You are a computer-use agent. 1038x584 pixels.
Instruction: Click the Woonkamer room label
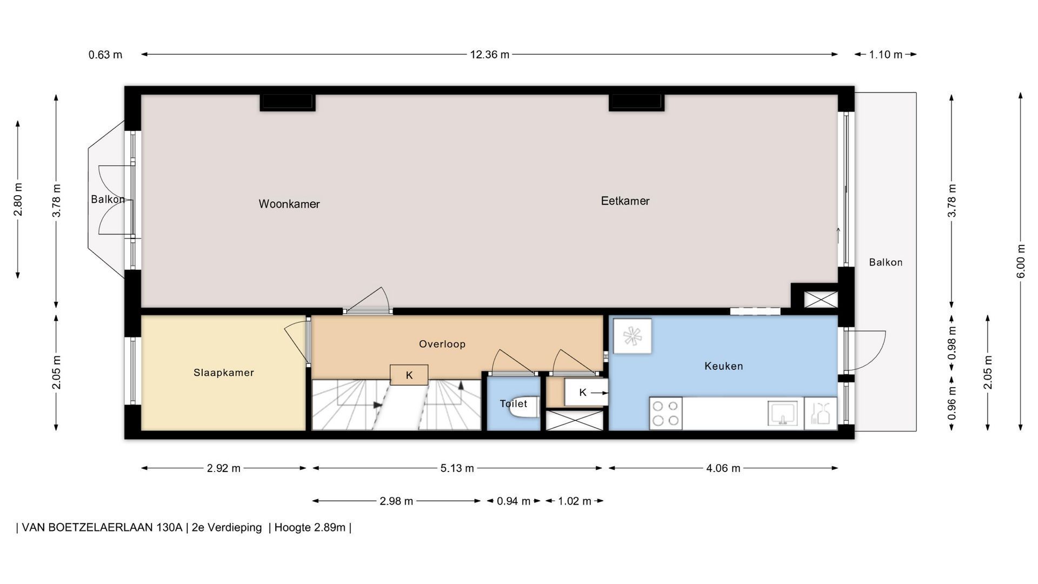point(289,204)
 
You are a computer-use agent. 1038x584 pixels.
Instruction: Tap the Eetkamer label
point(625,201)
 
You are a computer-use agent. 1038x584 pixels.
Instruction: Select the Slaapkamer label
point(224,373)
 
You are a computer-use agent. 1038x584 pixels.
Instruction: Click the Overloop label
point(442,344)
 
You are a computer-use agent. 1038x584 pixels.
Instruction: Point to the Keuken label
point(724,366)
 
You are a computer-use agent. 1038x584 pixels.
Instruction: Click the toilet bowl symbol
point(523,409)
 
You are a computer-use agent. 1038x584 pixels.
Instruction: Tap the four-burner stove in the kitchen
point(666,413)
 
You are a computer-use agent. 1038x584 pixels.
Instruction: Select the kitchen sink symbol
point(782,413)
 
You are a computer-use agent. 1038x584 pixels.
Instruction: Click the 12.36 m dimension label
point(489,55)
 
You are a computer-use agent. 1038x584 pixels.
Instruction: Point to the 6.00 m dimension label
point(1020,262)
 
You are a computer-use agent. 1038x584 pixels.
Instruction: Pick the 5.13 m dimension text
point(457,468)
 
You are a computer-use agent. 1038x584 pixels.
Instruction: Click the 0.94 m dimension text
point(514,501)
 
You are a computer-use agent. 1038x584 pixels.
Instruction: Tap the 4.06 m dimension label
point(723,468)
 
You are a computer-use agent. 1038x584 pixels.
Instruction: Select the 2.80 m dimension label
point(18,199)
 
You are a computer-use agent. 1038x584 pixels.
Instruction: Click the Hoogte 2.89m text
point(310,527)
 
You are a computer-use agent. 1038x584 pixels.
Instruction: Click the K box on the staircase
point(409,375)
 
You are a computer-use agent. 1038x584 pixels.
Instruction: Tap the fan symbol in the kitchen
point(631,336)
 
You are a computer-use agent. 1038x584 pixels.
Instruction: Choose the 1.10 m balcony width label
point(886,55)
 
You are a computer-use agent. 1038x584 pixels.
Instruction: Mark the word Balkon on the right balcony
point(886,262)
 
